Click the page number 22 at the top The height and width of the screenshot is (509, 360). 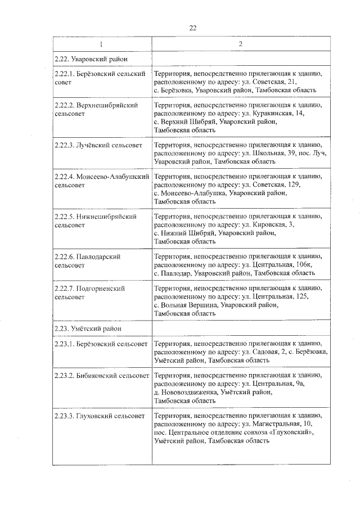(x=192, y=27)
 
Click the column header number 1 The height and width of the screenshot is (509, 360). (x=102, y=44)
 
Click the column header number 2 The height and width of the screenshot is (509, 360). (x=240, y=44)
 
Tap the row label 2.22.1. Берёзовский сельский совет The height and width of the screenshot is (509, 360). (x=100, y=78)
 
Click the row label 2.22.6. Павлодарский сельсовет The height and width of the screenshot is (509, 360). (x=88, y=260)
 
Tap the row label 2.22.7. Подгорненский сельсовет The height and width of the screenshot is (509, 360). (x=90, y=292)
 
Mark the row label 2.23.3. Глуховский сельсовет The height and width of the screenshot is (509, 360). (x=100, y=416)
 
